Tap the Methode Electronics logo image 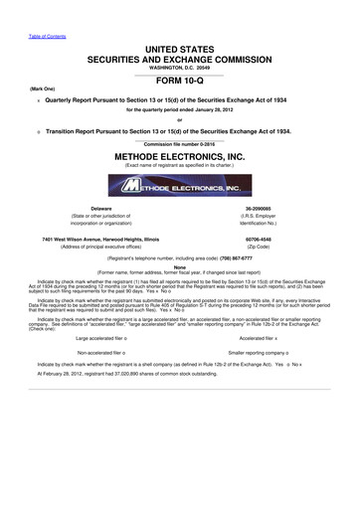tap(179, 186)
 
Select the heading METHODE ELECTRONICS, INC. tap(179, 157)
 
